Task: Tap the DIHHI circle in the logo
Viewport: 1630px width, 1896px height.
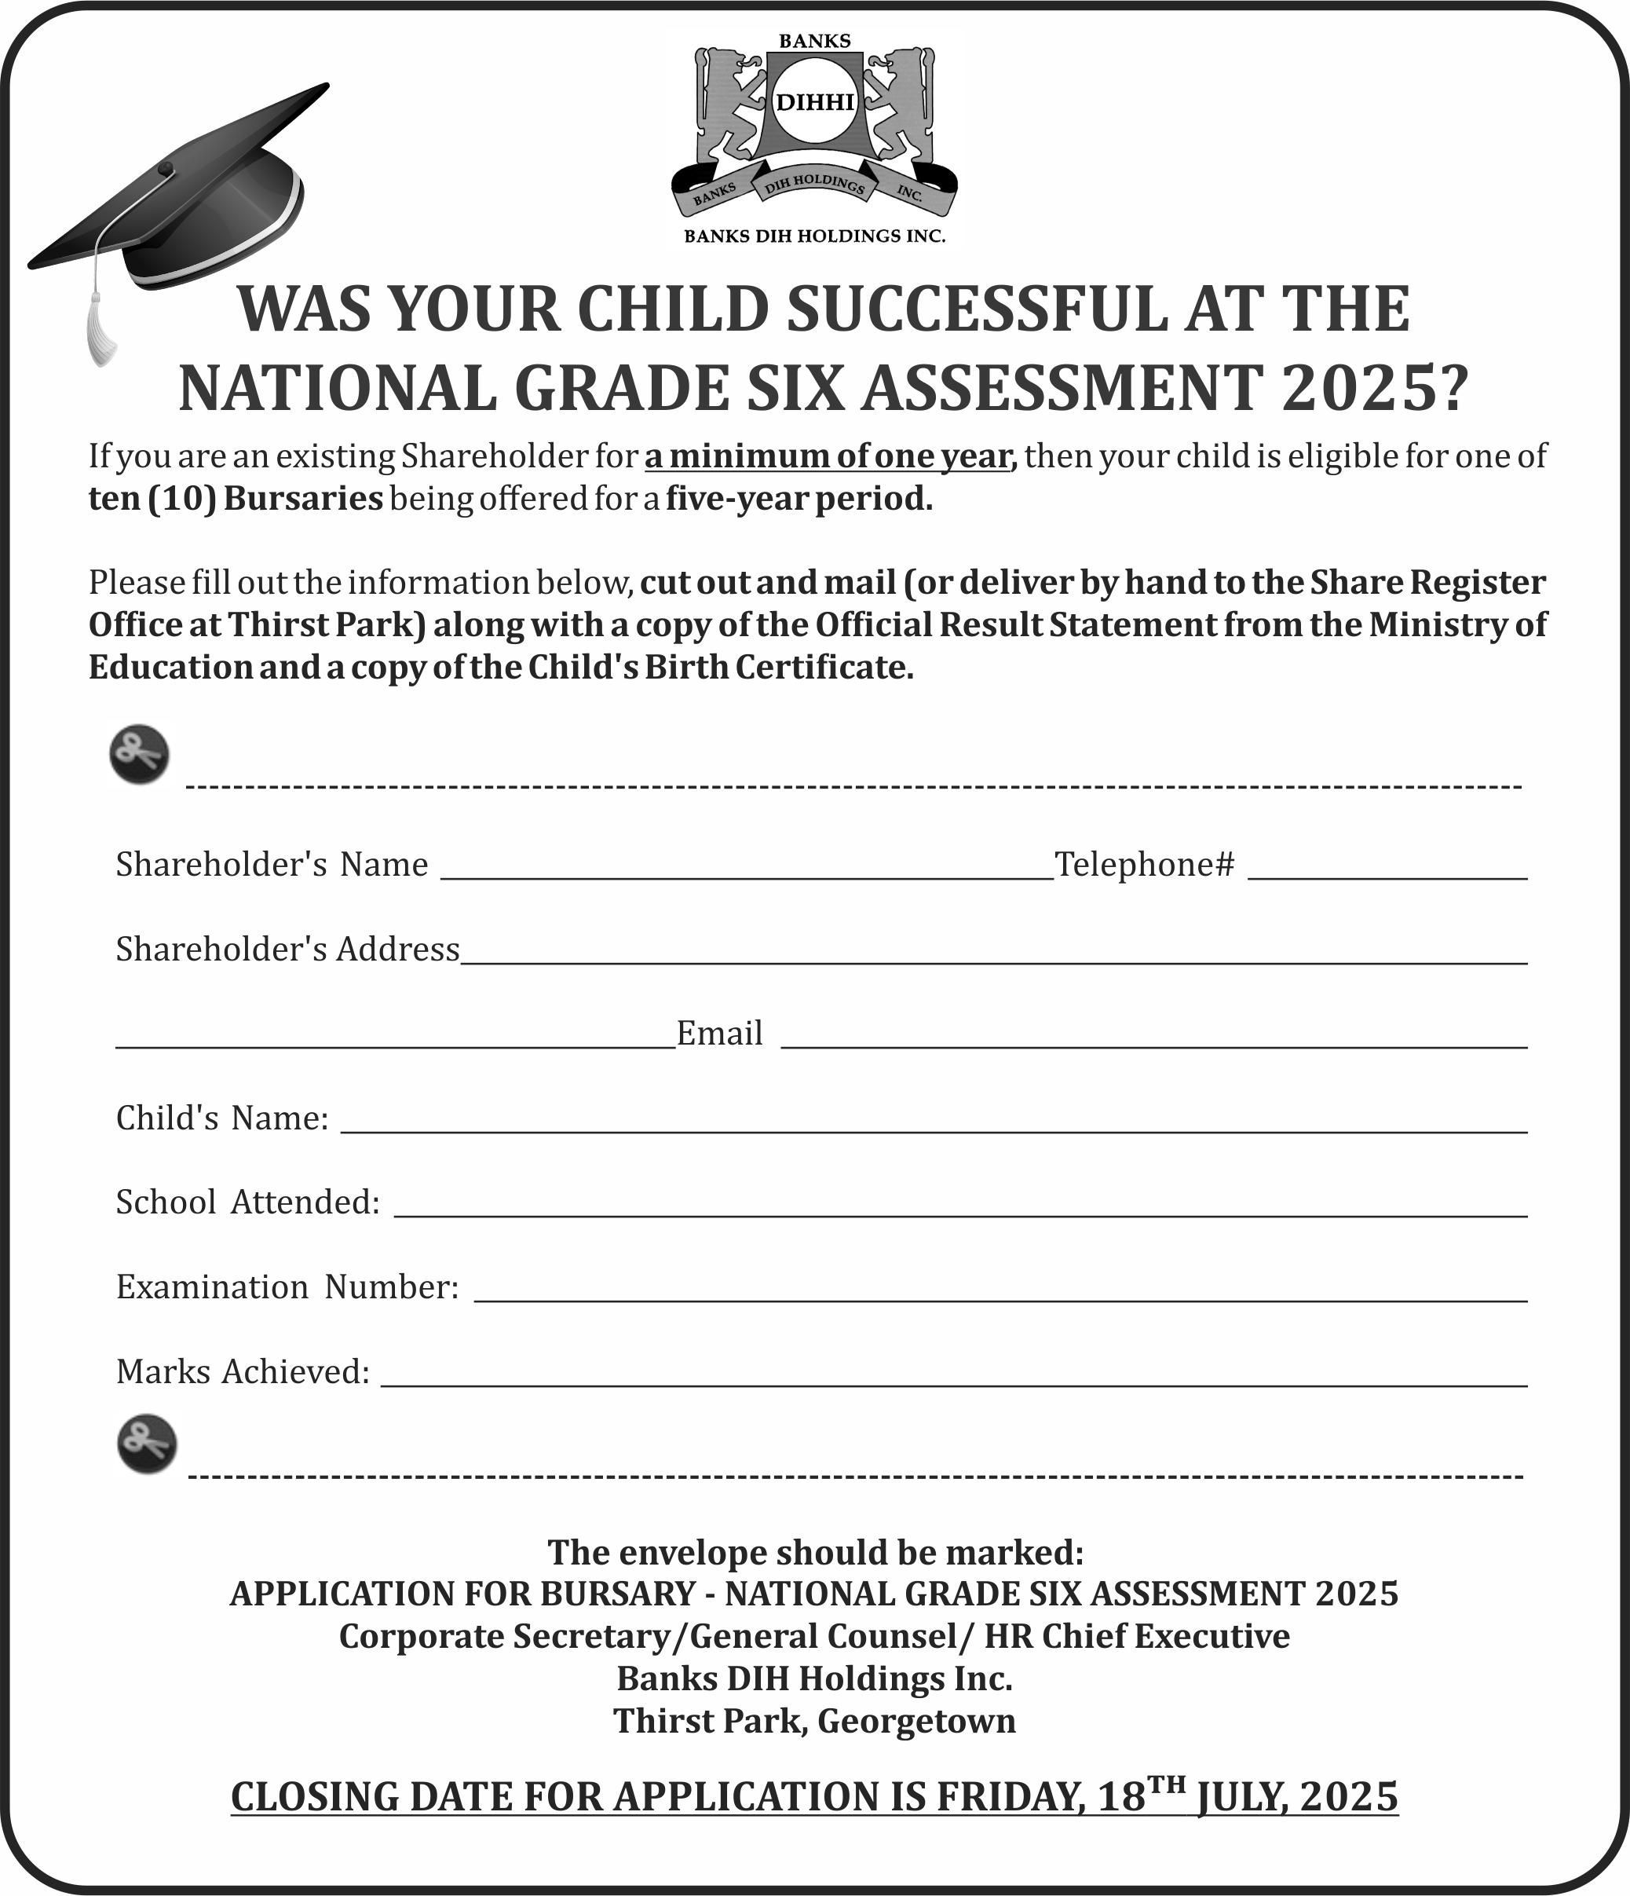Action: [x=814, y=101]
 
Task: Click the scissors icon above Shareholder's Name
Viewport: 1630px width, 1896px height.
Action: [x=140, y=755]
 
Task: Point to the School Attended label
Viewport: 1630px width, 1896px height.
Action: [x=247, y=1202]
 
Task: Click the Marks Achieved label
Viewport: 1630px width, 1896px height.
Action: [x=243, y=1371]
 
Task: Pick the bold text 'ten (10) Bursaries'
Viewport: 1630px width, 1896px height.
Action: [x=235, y=499]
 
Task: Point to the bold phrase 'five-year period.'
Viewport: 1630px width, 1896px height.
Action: [x=799, y=499]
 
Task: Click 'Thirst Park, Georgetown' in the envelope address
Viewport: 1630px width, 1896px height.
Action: [x=814, y=1721]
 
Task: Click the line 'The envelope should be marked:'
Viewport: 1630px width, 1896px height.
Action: [x=814, y=1553]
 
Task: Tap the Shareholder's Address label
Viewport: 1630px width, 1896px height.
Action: [x=287, y=950]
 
